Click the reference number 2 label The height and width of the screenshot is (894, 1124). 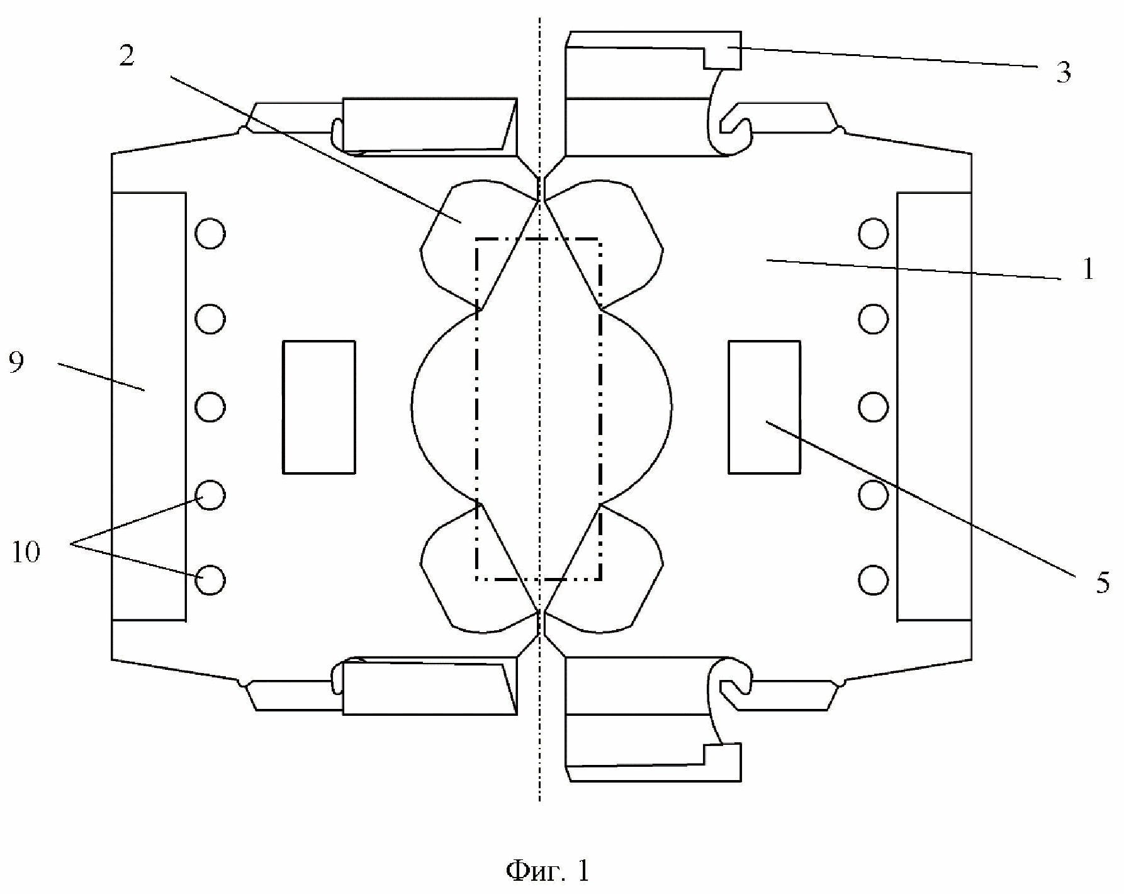[126, 57]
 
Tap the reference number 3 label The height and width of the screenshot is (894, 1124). [1063, 74]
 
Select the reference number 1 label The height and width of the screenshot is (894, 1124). [1087, 270]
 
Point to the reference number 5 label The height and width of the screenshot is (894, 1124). [1103, 583]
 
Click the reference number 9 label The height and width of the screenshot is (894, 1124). [17, 363]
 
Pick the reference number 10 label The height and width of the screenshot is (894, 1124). [25, 552]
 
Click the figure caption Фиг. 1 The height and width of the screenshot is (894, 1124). [548, 871]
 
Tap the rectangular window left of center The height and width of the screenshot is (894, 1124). [319, 407]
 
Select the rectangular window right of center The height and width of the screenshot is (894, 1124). [764, 407]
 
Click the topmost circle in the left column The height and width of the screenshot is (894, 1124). [210, 234]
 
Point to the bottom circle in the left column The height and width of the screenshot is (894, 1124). [210, 580]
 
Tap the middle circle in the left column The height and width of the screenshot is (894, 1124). [210, 407]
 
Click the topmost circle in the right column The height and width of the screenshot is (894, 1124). [873, 234]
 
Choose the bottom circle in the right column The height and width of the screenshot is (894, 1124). [873, 580]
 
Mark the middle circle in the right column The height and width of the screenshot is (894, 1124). [873, 407]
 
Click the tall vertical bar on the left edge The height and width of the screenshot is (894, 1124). [149, 406]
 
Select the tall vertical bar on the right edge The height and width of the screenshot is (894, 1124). [934, 406]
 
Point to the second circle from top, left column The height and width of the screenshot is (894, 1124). [210, 319]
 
